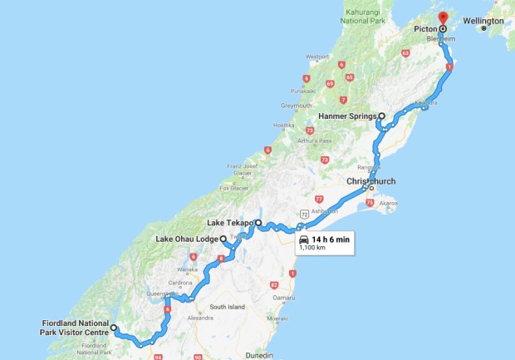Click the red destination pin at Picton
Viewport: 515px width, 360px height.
(442, 17)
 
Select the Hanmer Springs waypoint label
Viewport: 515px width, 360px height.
(348, 116)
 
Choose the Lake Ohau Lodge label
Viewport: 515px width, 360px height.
(187, 239)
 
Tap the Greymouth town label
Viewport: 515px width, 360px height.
(297, 106)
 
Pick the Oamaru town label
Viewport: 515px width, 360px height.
(285, 298)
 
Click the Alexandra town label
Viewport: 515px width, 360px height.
(199, 318)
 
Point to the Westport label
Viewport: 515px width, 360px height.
(317, 57)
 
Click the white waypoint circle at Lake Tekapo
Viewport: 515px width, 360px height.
(258, 223)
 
